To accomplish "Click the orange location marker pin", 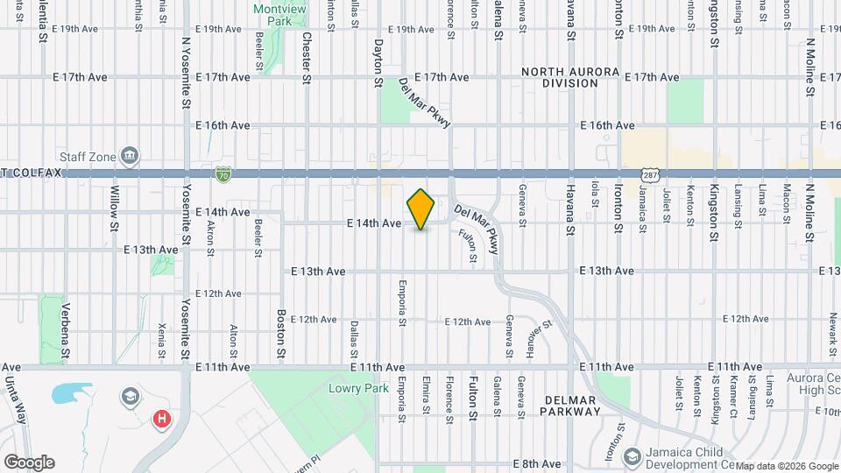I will coord(421,209).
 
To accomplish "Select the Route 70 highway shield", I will coord(224,174).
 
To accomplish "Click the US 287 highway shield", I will coord(649,174).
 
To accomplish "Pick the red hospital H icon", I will coord(161,419).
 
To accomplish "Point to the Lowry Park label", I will coord(351,388).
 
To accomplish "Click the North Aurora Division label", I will coord(570,77).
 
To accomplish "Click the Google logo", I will coord(28,462).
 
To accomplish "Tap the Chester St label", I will coord(307,58).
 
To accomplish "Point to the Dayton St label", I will coord(378,61).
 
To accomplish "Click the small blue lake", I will coord(70,393).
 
